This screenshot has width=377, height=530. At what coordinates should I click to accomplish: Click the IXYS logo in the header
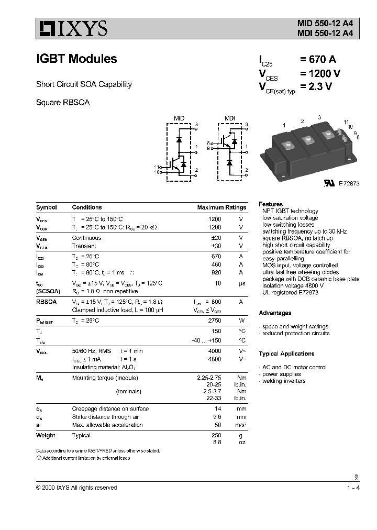(x=72, y=28)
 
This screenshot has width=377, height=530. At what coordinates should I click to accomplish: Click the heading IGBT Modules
(x=76, y=59)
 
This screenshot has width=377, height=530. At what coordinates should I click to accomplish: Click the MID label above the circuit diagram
(x=179, y=118)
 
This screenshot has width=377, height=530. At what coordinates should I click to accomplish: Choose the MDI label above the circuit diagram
(x=230, y=118)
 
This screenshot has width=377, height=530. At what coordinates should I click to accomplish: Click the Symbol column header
(x=46, y=207)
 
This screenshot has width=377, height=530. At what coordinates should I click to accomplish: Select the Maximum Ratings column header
(x=221, y=207)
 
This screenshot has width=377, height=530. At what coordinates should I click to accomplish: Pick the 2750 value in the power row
(x=215, y=321)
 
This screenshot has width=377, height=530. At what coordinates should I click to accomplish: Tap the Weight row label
(x=46, y=435)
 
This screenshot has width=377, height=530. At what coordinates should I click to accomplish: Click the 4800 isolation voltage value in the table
(x=215, y=359)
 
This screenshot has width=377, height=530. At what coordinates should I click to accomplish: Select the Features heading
(x=271, y=204)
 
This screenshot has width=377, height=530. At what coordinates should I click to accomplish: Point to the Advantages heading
(x=275, y=313)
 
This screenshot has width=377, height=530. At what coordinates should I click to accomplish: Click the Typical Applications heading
(x=286, y=354)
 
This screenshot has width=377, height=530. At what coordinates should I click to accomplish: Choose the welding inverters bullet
(x=285, y=381)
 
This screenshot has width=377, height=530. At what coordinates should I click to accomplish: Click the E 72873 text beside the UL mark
(x=349, y=184)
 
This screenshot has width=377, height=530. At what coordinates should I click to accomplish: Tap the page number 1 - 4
(x=353, y=488)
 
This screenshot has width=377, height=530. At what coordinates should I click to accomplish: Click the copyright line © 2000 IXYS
(x=76, y=488)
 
